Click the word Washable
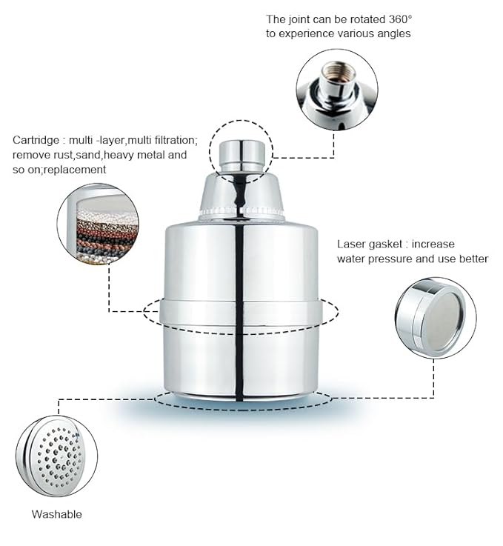pyautogui.click(x=56, y=514)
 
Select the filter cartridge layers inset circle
pyautogui.click(x=97, y=224)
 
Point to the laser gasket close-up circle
pyautogui.click(x=435, y=318)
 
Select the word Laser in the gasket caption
pyautogui.click(x=352, y=244)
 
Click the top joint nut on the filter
pyautogui.click(x=241, y=151)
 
